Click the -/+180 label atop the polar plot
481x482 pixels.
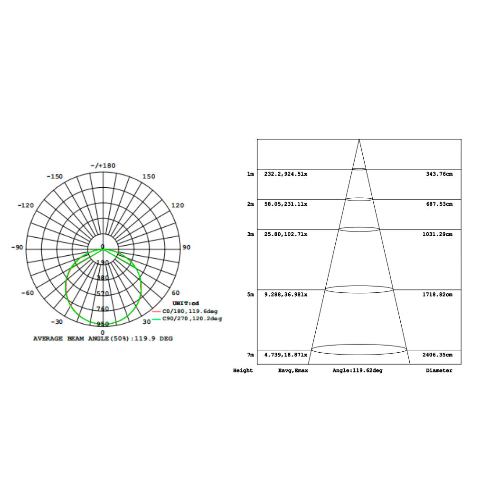(x=103, y=165)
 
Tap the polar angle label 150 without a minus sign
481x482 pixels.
(x=149, y=176)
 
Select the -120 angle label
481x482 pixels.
(x=26, y=205)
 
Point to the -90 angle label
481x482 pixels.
(x=18, y=248)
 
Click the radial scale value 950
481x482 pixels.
(x=103, y=324)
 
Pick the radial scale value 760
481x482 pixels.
(x=103, y=308)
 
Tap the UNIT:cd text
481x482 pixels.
(x=186, y=303)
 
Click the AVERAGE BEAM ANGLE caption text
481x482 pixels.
(x=103, y=339)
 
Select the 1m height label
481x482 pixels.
(x=250, y=174)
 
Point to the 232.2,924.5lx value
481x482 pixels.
(x=286, y=174)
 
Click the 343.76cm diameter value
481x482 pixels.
(x=439, y=174)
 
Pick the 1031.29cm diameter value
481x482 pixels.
(x=437, y=234)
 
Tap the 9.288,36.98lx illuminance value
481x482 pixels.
(x=286, y=295)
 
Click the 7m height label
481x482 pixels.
(x=250, y=355)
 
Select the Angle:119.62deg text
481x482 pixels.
(x=357, y=370)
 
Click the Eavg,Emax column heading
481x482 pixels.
(x=293, y=370)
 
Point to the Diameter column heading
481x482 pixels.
(x=439, y=370)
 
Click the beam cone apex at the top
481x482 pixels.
(x=359, y=140)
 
